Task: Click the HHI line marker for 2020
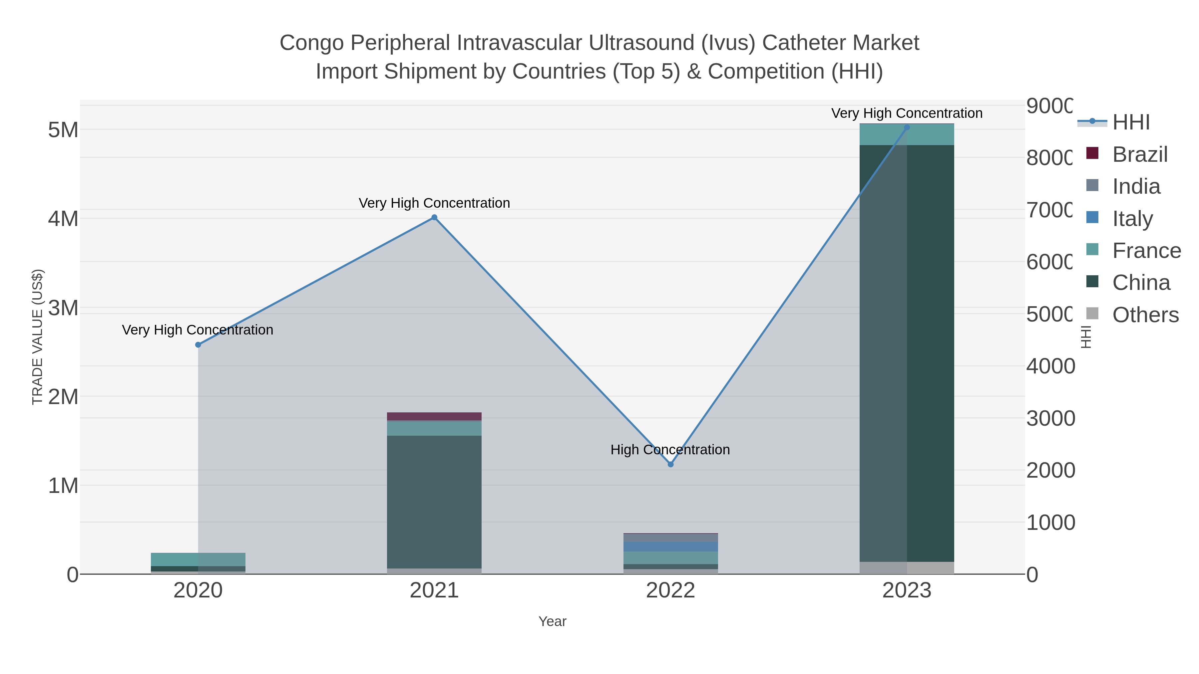point(198,345)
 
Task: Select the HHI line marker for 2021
point(434,217)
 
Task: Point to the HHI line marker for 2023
point(907,127)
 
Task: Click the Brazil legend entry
point(1139,154)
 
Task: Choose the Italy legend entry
point(1132,219)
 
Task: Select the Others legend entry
point(1145,315)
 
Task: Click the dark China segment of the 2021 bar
point(434,502)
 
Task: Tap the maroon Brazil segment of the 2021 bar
point(434,416)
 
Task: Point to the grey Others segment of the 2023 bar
point(907,568)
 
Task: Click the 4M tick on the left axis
point(63,219)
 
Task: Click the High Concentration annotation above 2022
point(670,450)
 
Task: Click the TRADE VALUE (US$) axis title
point(37,337)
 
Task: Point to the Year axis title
point(553,621)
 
